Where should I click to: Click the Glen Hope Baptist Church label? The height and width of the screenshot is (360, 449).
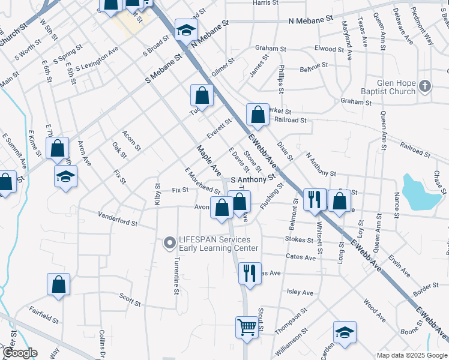pos(396,87)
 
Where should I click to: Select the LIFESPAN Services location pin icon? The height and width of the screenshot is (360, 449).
pos(169,243)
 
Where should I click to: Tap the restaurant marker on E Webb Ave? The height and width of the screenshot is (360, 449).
pos(315,199)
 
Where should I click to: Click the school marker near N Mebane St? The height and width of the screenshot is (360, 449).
pos(186,29)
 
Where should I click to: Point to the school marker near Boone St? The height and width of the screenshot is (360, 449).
pos(345,332)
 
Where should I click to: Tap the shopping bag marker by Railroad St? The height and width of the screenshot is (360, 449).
pos(258,114)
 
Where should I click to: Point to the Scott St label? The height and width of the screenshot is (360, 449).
pos(130,300)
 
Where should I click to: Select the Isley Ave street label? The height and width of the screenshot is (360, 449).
pos(301,293)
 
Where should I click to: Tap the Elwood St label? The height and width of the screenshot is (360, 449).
pos(328,49)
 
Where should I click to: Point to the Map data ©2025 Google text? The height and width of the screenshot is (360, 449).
pos(412,355)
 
